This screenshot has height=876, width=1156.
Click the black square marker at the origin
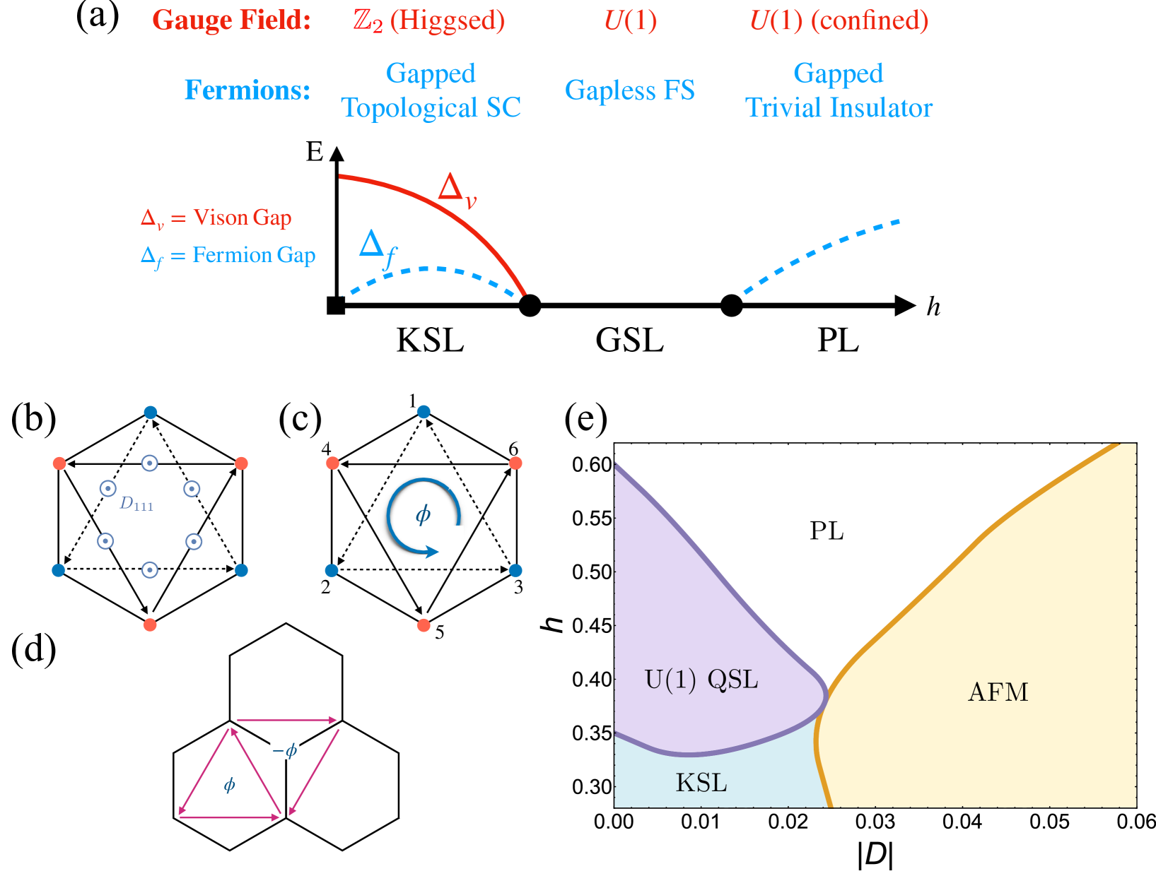[336, 306]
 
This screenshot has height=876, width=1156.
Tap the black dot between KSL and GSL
[530, 306]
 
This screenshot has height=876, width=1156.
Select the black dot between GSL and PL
[731, 306]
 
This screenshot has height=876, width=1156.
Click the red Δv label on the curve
[457, 190]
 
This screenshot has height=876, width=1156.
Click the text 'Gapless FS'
[629, 90]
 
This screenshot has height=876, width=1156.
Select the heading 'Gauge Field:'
[232, 20]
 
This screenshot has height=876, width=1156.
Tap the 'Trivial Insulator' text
[839, 108]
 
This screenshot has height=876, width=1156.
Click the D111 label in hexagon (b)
[136, 504]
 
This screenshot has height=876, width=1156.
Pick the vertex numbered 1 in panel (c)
[423, 412]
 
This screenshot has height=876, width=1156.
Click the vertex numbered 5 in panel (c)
[424, 625]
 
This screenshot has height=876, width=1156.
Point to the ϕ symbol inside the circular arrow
[423, 515]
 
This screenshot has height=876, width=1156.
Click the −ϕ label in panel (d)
[285, 750]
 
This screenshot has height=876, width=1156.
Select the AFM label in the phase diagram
[998, 692]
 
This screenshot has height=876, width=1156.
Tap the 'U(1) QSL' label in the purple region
[701, 680]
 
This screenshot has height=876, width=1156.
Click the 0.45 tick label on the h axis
[591, 625]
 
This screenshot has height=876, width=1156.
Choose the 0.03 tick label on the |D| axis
[875, 822]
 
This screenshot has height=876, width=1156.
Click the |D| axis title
[875, 855]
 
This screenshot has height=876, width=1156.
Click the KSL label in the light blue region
[701, 783]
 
